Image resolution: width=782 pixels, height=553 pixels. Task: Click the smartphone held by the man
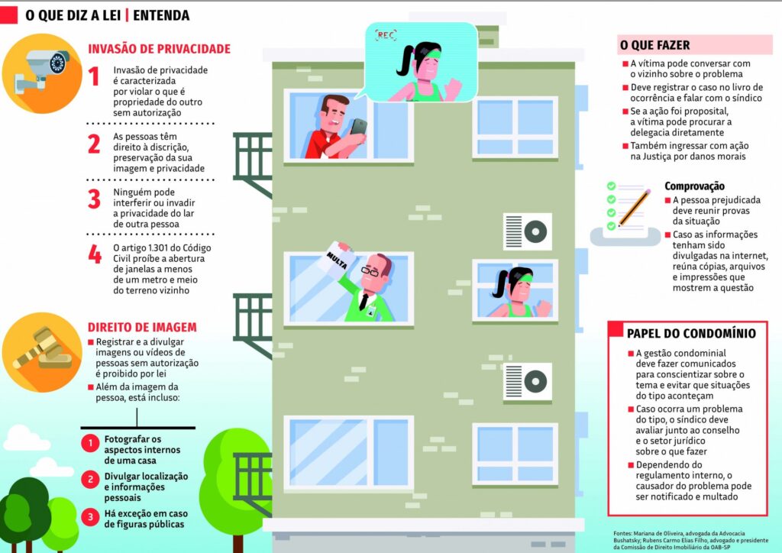click(x=358, y=127)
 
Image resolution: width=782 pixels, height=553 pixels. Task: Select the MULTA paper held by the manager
click(x=336, y=258)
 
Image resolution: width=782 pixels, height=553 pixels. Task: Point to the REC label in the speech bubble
click(x=386, y=34)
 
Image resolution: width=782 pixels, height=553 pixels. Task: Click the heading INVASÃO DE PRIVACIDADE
click(x=159, y=49)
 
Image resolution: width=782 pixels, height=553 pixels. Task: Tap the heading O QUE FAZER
click(x=654, y=45)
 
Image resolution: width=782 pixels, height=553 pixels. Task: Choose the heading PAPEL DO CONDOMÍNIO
click(x=691, y=333)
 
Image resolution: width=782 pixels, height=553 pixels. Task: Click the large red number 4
click(x=95, y=254)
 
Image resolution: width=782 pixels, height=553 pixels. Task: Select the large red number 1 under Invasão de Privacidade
click(x=94, y=77)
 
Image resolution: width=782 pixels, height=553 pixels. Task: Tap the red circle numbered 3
click(x=90, y=517)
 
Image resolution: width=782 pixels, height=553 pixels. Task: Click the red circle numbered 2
click(x=90, y=480)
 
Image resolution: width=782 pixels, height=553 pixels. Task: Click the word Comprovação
click(x=694, y=186)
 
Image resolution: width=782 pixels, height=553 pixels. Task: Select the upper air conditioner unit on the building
click(x=527, y=232)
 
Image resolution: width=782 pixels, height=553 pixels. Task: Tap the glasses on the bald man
click(x=370, y=271)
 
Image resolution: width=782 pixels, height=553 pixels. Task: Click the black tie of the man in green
click(x=364, y=301)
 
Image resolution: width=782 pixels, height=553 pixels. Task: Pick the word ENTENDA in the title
click(x=161, y=15)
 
